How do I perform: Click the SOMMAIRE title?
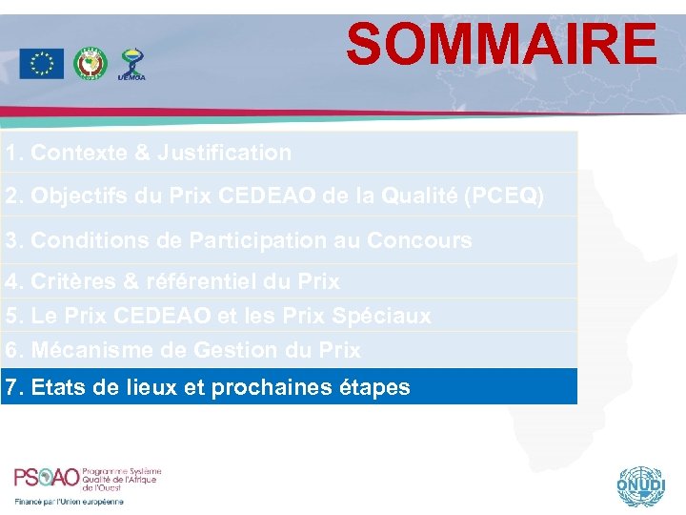501,45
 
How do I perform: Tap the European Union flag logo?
41,64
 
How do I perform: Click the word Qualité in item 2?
413,196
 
